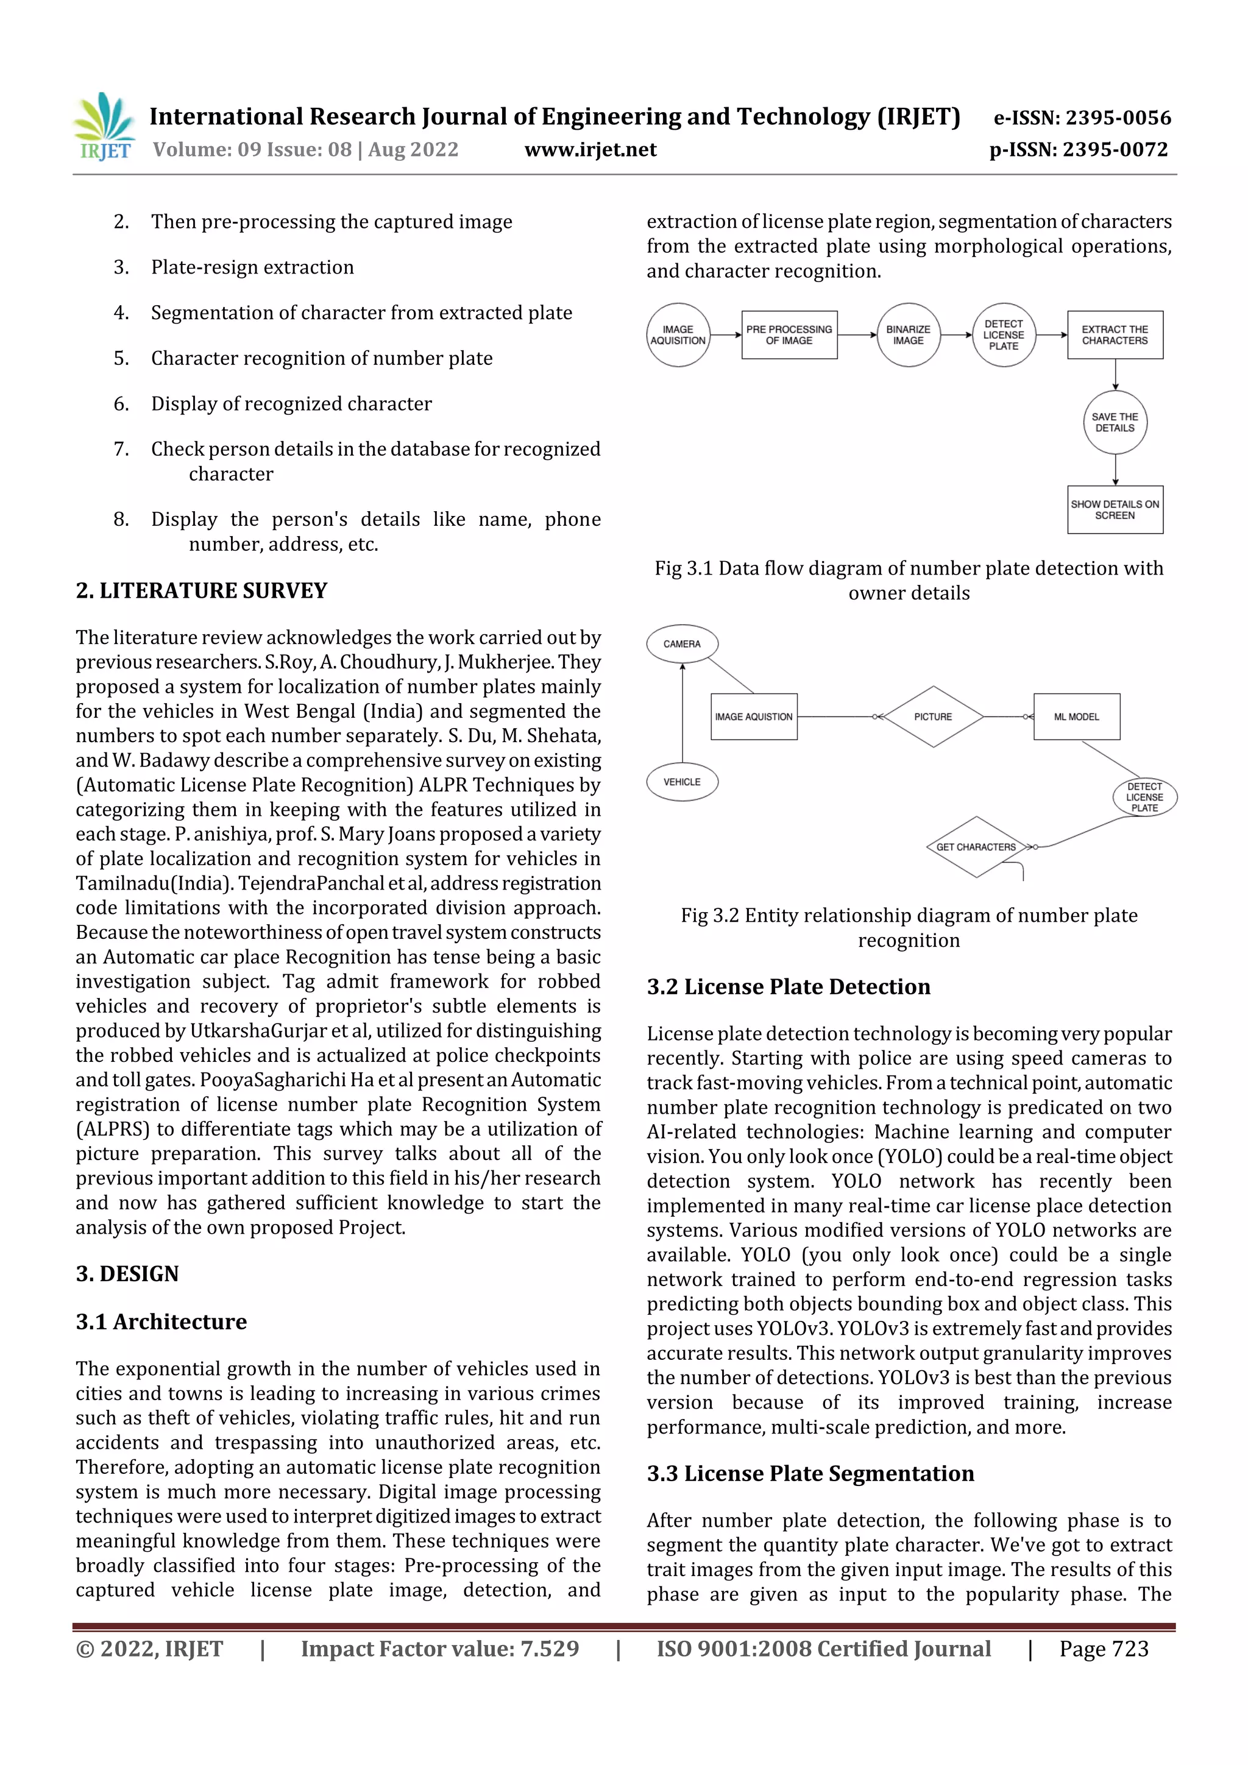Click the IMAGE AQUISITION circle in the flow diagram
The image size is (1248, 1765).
pyautogui.click(x=678, y=335)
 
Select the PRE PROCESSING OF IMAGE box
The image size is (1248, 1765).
pyautogui.click(x=789, y=335)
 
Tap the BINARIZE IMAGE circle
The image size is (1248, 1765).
pyautogui.click(x=908, y=335)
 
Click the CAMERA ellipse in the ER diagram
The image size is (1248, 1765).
pyautogui.click(x=682, y=644)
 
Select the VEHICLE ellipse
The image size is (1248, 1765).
pyautogui.click(x=682, y=782)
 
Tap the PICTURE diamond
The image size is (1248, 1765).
pyautogui.click(x=933, y=716)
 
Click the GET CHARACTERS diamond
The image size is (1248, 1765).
pyautogui.click(x=976, y=847)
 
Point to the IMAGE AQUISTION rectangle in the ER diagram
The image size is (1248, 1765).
pyautogui.click(x=754, y=716)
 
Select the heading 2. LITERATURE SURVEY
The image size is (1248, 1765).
pyautogui.click(x=202, y=590)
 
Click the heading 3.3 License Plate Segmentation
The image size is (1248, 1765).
pyautogui.click(x=810, y=1474)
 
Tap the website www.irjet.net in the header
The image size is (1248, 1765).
pyautogui.click(x=590, y=149)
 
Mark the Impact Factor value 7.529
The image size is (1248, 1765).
pyautogui.click(x=549, y=1648)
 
